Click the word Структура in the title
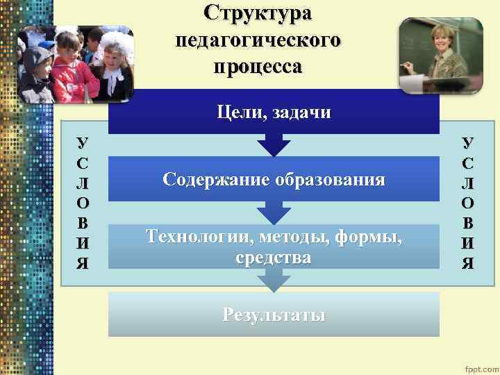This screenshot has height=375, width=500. [258, 13]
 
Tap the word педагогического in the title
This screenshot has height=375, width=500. [258, 40]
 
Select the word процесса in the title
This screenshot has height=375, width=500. [258, 67]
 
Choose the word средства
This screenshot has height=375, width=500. [274, 258]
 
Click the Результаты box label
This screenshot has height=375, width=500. [274, 314]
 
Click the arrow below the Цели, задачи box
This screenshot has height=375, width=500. [274, 145]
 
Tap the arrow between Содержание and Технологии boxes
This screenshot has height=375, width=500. [274, 213]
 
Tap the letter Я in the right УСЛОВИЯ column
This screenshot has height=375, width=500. [468, 263]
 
